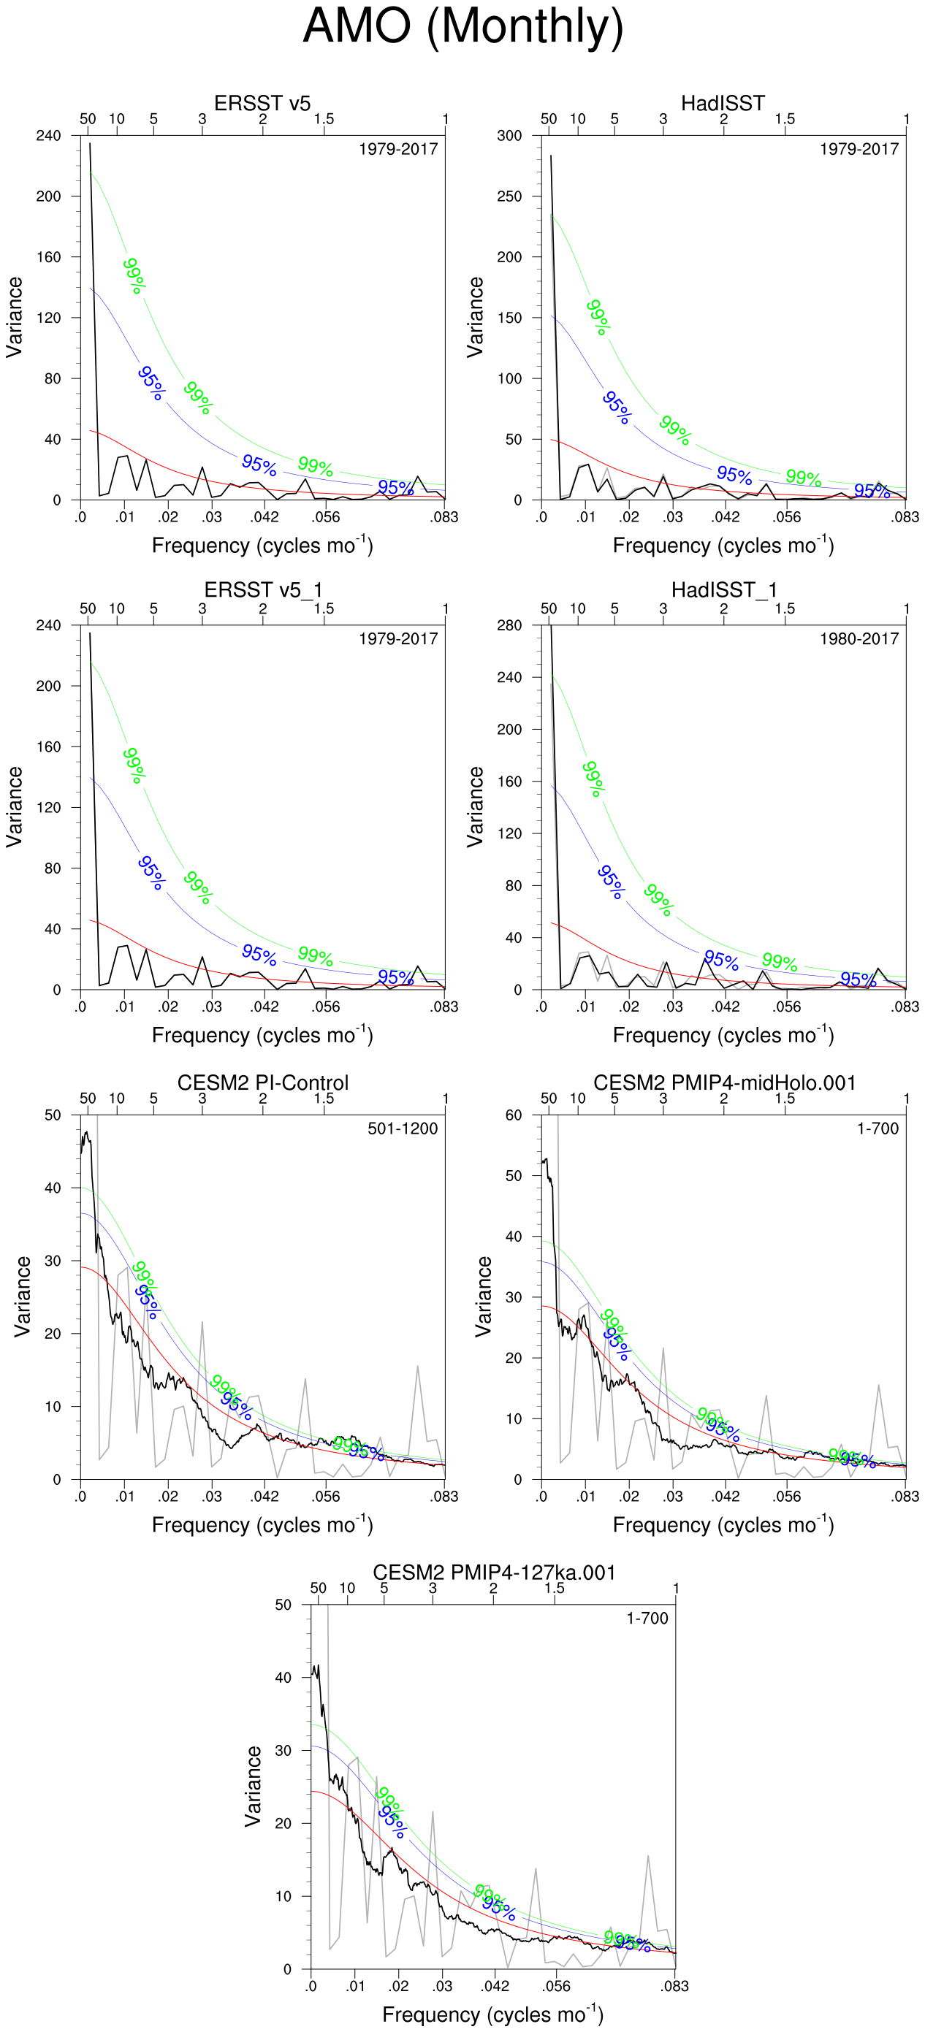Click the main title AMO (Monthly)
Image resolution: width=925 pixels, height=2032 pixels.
(462, 26)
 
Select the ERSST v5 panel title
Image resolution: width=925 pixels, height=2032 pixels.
(262, 103)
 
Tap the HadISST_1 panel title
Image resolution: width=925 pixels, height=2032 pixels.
(724, 590)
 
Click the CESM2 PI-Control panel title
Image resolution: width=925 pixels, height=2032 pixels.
(262, 1082)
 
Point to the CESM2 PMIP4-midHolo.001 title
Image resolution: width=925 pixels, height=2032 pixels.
(724, 1082)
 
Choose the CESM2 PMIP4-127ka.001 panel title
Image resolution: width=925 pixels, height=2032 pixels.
(493, 1572)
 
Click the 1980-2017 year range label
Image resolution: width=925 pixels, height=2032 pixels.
(859, 639)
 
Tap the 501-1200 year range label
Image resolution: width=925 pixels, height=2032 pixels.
(403, 1128)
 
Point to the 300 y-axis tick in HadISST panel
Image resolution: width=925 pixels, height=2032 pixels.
(509, 136)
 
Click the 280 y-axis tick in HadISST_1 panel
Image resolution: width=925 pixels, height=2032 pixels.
(509, 625)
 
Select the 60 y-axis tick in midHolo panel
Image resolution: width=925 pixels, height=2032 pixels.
(514, 1115)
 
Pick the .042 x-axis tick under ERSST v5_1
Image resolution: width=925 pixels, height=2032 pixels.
(265, 1007)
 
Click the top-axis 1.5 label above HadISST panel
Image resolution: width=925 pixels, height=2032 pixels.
(785, 119)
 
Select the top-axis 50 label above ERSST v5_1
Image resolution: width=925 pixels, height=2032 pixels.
(88, 609)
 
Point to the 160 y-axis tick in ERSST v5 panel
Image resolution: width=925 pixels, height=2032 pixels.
(48, 257)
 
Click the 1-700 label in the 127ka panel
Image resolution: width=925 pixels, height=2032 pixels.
(647, 1619)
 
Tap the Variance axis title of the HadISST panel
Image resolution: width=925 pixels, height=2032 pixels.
(475, 317)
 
